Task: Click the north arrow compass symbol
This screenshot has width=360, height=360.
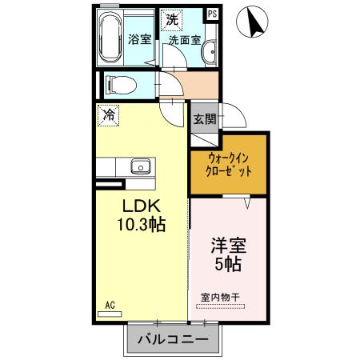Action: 252,22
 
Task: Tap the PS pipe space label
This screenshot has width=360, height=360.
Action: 213,14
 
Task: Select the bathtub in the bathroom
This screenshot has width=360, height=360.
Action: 110,38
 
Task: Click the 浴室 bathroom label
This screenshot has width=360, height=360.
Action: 139,39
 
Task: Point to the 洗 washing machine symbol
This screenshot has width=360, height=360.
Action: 172,20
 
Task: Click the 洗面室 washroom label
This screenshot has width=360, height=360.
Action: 185,40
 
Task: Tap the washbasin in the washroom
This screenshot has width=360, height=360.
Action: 210,52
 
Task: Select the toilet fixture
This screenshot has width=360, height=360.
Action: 121,86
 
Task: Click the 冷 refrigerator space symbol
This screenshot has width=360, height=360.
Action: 108,115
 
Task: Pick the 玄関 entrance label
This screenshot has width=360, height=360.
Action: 205,119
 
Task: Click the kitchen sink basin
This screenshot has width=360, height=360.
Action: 141,166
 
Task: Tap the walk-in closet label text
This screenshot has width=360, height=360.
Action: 229,166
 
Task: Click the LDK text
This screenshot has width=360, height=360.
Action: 141,206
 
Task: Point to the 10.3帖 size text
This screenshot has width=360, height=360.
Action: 142,225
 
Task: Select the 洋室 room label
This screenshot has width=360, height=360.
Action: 229,246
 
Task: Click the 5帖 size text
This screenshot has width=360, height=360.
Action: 228,264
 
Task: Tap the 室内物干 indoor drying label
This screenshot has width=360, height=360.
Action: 220,298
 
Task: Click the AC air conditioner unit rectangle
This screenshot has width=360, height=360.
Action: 110,314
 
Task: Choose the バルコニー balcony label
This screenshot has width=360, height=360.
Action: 173,339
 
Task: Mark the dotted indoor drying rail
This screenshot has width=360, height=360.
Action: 220,306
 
